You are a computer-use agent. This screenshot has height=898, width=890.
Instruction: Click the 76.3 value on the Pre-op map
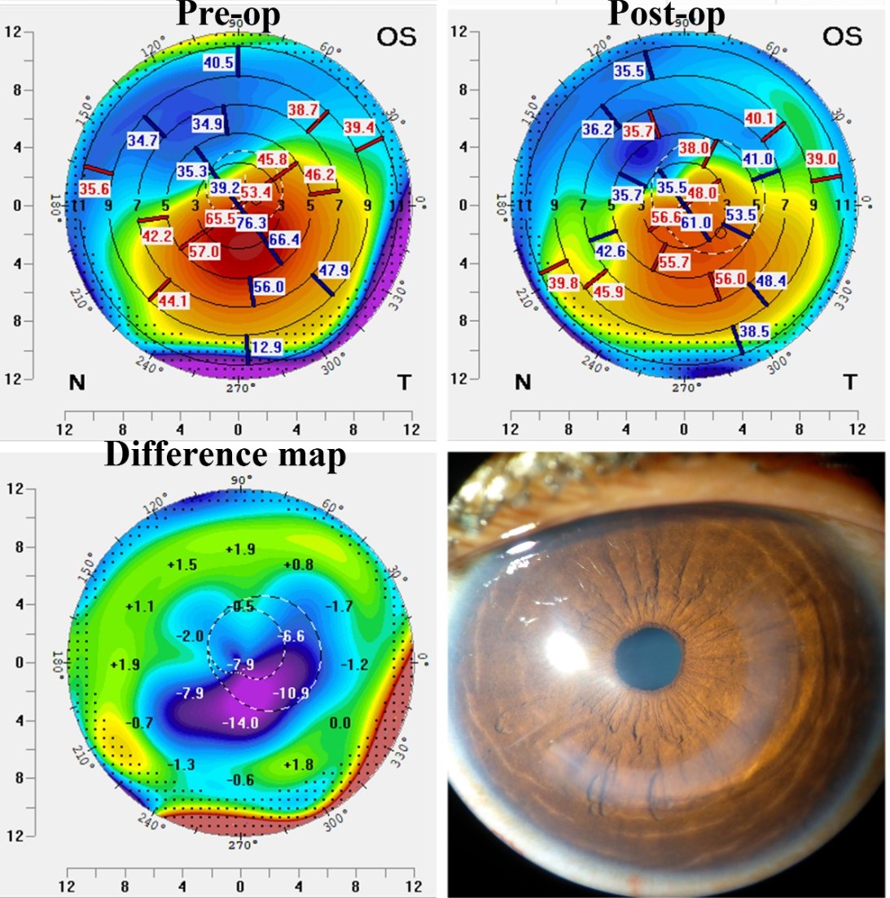(252, 222)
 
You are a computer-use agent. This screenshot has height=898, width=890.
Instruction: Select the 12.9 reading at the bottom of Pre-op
(266, 347)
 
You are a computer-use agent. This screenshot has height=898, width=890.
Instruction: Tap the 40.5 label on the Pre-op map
(218, 63)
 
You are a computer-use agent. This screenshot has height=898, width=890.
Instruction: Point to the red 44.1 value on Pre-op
(172, 302)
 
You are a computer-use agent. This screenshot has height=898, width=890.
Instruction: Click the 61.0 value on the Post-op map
(696, 222)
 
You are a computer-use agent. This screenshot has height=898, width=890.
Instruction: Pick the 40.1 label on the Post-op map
(760, 119)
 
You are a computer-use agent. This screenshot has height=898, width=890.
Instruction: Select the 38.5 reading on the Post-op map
(755, 332)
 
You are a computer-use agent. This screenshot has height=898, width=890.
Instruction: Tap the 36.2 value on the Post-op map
(597, 129)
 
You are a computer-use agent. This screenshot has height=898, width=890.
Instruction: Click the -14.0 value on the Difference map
(242, 723)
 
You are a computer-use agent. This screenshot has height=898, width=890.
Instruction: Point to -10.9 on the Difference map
(292, 693)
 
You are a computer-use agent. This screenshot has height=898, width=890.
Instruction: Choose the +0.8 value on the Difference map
(299, 565)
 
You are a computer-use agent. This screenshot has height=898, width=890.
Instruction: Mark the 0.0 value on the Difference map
(340, 723)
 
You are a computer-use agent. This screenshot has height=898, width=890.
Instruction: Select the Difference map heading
(226, 455)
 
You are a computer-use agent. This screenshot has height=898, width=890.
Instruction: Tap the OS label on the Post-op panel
(842, 37)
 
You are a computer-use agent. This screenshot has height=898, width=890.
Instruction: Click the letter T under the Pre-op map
(404, 382)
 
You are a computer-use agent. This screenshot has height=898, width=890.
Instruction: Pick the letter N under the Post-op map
(523, 382)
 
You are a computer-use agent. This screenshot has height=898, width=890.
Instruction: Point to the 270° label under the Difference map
(241, 846)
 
